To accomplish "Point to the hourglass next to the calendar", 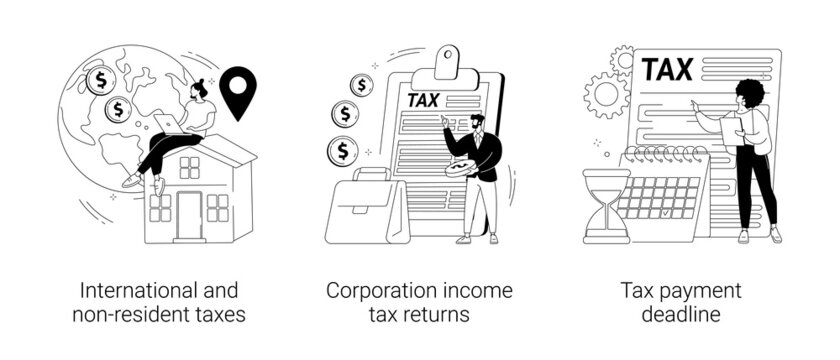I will tap(606, 206).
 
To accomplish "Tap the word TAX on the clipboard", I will tap(421, 100).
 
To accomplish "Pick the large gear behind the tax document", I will tap(607, 96).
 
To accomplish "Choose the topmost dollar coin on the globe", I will tap(99, 77).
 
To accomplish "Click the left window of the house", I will tap(160, 206).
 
